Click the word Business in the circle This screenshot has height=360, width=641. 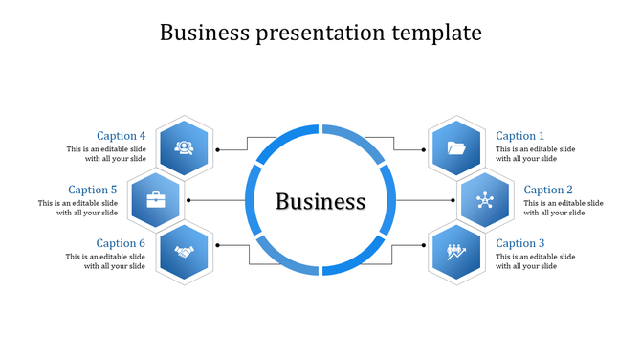[320, 202]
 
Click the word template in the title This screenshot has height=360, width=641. [435, 33]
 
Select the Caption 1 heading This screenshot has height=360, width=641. [520, 136]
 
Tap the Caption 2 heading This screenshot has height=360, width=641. [549, 190]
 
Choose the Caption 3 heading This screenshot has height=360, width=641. [520, 243]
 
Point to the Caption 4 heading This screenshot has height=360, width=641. [122, 136]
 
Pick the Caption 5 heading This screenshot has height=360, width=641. [93, 190]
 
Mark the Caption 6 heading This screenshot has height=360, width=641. [122, 243]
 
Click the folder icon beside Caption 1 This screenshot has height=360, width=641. [456, 147]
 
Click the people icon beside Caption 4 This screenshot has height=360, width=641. [184, 147]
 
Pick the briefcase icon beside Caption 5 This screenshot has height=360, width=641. [155, 200]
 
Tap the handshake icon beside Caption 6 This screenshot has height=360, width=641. [184, 253]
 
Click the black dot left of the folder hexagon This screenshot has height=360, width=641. [423, 149]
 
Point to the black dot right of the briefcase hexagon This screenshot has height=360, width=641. [188, 200]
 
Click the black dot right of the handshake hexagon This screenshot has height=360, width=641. [217, 245]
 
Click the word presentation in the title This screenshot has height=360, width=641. [320, 33]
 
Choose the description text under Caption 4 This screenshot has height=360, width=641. [106, 154]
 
